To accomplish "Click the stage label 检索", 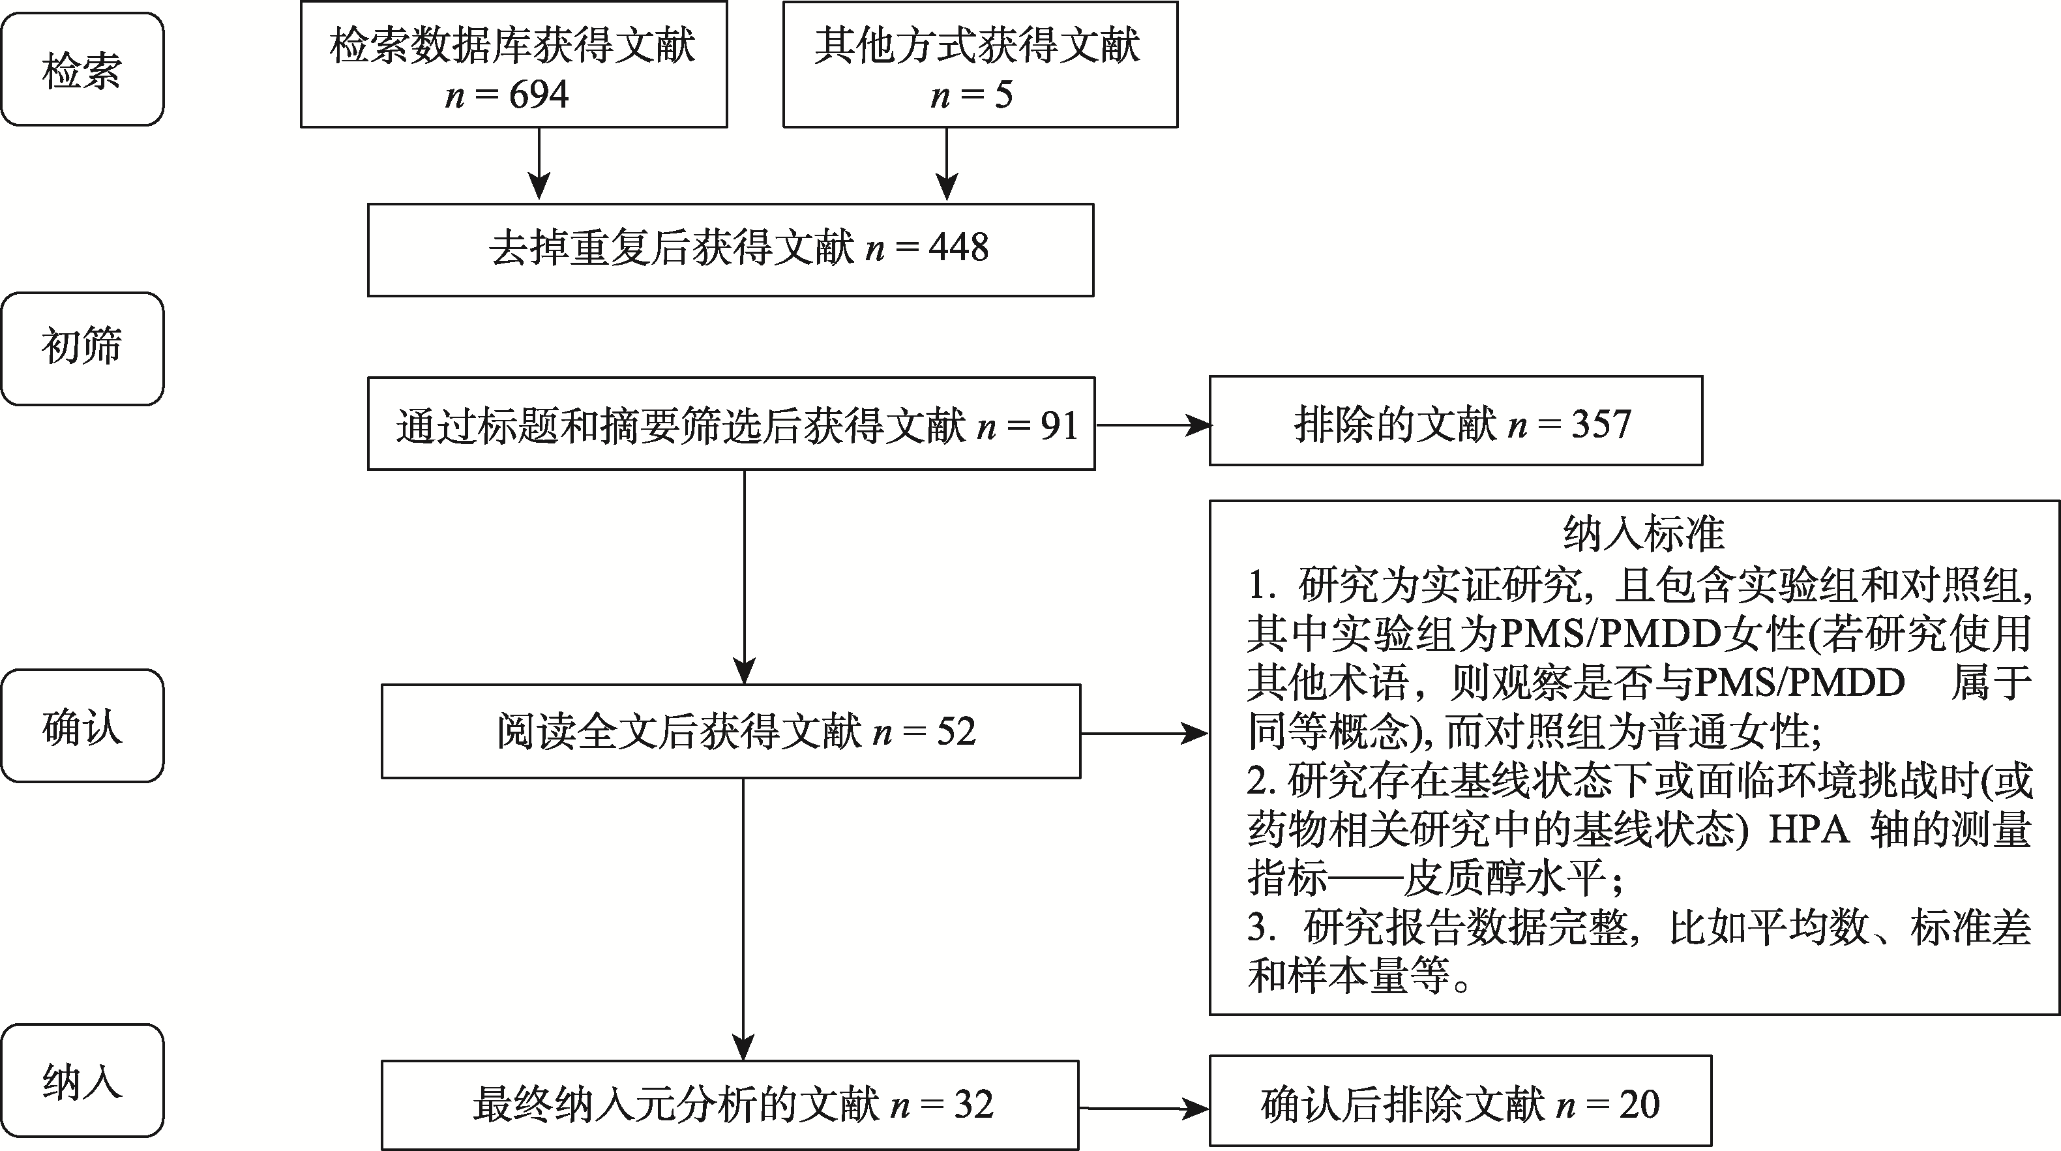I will (82, 70).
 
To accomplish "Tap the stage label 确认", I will (82, 726).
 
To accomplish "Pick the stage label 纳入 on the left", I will (82, 1081).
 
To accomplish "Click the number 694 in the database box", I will (539, 95).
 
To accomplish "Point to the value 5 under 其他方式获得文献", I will (1003, 95).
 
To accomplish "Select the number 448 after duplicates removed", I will (958, 248).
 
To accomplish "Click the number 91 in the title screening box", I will (1060, 425).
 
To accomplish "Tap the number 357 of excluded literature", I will (1601, 425).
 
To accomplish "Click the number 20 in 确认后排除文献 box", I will (1639, 1105).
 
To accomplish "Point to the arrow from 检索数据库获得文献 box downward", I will (539, 165).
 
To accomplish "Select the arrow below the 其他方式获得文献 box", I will (947, 165).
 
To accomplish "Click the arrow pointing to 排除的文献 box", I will (1152, 425).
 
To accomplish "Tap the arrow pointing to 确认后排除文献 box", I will (1144, 1109).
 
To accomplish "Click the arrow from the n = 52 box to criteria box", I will (1144, 732).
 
